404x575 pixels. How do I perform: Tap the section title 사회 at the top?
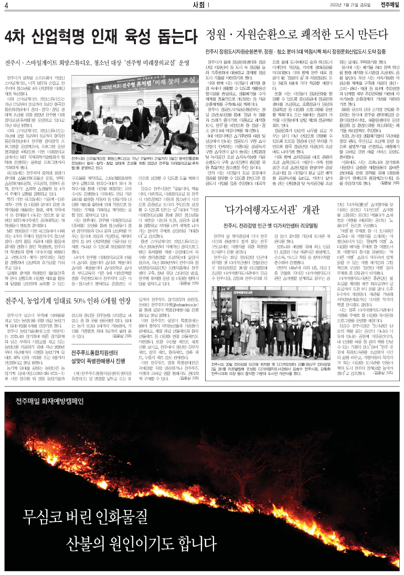(199, 5)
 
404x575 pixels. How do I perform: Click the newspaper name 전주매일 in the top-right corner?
(390, 5)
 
